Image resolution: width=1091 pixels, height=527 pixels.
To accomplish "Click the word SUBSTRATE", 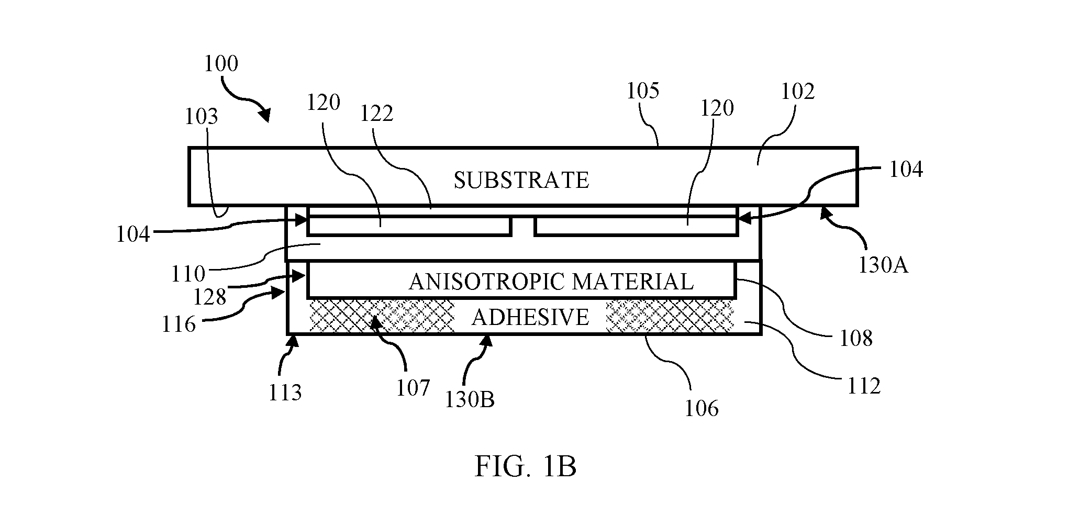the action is tap(521, 180).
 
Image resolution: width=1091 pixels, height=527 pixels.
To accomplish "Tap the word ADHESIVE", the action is tap(530, 317).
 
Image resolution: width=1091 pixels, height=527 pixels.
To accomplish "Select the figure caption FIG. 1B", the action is tap(525, 467).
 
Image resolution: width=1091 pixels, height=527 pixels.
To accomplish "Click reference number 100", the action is tap(221, 64).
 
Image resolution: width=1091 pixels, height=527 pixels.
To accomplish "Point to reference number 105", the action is tap(643, 91).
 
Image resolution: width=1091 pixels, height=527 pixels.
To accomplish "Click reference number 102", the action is tap(798, 92).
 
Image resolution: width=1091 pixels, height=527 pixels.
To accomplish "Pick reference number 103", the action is tap(201, 117).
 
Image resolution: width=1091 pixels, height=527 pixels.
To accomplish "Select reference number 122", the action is tap(376, 114).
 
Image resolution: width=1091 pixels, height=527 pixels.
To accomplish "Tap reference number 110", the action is tap(188, 274).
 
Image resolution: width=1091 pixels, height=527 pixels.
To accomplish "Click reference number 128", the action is tap(209, 297).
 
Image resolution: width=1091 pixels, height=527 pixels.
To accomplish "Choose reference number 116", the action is tap(179, 324).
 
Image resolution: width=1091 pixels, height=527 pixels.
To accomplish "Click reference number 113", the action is tap(285, 393).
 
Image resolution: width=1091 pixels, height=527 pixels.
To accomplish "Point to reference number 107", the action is tap(413, 388).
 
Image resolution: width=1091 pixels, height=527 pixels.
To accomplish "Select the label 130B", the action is tap(470, 400).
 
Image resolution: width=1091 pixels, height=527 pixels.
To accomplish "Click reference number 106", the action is tap(702, 408).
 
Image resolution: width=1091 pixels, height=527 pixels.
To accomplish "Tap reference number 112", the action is tap(864, 386).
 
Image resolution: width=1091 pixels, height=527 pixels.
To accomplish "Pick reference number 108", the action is tap(856, 339).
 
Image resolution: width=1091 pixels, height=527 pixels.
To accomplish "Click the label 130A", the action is tap(883, 266).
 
